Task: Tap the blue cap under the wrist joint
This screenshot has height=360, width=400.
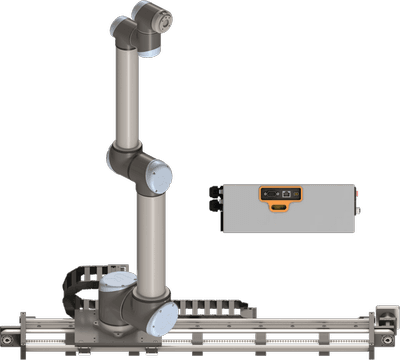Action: (x=149, y=46)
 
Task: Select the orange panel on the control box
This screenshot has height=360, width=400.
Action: (x=281, y=192)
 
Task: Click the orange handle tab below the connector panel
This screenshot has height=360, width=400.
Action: (x=281, y=207)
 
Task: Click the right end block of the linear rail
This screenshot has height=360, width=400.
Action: (x=381, y=326)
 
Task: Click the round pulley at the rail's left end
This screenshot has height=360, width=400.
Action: (x=13, y=334)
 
